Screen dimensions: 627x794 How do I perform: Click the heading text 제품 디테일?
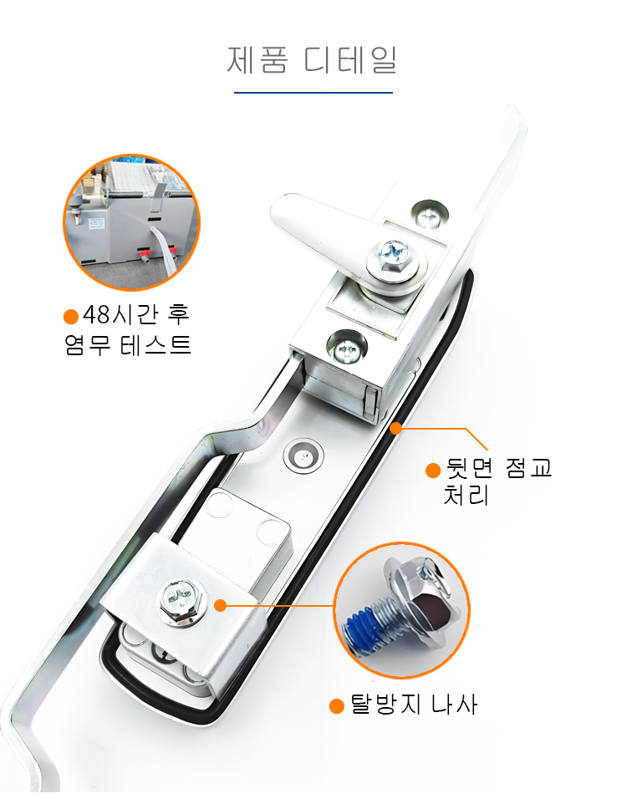[312, 59]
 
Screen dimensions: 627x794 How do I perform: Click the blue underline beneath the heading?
[313, 93]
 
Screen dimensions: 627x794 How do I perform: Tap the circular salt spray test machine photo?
[132, 223]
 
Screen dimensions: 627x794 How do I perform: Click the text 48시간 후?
[135, 315]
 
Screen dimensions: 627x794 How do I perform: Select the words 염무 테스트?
[128, 345]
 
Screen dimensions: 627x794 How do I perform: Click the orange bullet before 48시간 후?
[71, 317]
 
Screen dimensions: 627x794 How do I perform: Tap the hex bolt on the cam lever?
[393, 257]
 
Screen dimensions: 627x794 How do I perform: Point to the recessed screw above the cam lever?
[430, 215]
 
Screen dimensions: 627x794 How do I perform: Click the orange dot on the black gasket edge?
[396, 429]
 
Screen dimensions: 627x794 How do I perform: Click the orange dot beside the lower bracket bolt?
[221, 605]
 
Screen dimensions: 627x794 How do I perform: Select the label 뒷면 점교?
[498, 468]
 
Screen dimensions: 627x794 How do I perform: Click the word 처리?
[466, 496]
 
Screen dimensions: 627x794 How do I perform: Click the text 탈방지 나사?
[413, 705]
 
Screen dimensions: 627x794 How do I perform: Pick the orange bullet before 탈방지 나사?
[337, 706]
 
